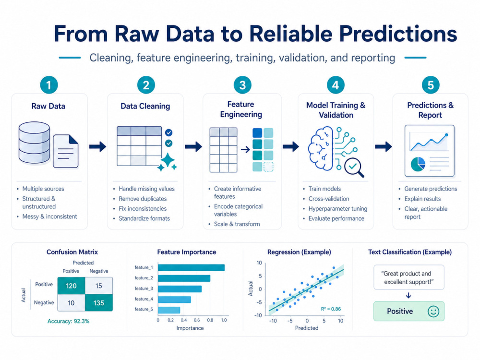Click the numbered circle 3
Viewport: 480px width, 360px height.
click(x=242, y=85)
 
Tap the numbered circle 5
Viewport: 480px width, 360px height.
click(x=431, y=85)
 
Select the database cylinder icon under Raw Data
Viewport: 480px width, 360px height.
click(x=34, y=143)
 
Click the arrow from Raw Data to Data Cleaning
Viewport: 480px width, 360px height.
click(x=97, y=146)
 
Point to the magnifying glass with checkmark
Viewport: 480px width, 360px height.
click(x=354, y=168)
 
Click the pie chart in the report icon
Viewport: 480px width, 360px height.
click(x=418, y=164)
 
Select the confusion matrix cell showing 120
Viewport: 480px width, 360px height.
click(x=72, y=286)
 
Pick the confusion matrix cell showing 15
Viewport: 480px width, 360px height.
click(x=98, y=286)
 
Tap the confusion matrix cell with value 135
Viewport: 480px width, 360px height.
click(x=98, y=303)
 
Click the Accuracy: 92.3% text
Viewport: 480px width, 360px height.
click(x=68, y=321)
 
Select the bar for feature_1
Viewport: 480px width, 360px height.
click(x=192, y=267)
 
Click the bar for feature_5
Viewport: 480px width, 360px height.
click(x=169, y=310)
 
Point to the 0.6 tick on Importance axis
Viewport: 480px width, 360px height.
click(x=197, y=320)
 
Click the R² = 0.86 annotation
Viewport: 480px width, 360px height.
click(x=331, y=309)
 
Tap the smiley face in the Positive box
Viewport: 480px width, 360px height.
click(x=433, y=312)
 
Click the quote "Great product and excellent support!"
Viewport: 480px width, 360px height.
click(x=408, y=277)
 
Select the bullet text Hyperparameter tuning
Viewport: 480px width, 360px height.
click(x=337, y=209)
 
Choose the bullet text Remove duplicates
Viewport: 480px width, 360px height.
click(x=143, y=199)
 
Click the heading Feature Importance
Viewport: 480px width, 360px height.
click(x=187, y=252)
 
